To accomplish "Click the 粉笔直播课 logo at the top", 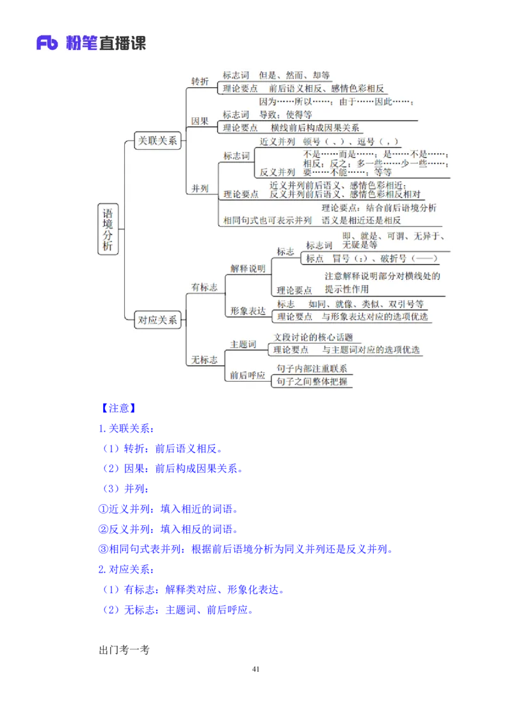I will point(90,43).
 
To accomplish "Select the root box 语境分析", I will point(108,230).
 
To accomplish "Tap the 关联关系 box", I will point(157,141).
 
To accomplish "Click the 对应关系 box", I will point(157,320).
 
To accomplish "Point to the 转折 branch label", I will point(200,81).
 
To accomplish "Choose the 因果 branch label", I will point(200,121).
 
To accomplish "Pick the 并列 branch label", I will point(200,189).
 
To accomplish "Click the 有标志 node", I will point(204,288).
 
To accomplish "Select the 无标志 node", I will point(204,360).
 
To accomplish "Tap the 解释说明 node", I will point(248,269).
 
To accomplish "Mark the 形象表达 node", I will point(248,311).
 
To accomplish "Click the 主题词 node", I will point(243,345).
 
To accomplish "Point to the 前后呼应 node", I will point(248,375).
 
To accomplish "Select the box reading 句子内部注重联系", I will point(312,368).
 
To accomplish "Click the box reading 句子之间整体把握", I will point(312,382).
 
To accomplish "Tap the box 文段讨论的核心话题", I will point(313,338).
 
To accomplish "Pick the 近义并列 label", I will point(277,142).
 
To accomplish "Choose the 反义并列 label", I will point(277,172).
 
